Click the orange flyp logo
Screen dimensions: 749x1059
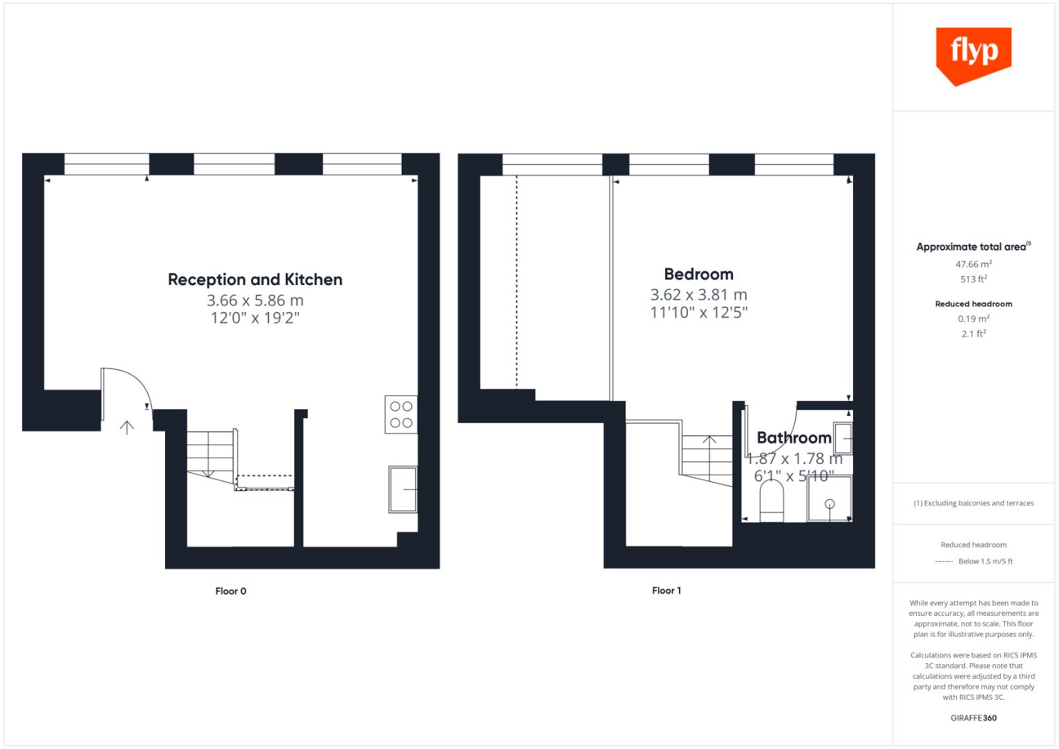973,54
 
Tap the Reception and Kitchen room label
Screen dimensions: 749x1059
255,279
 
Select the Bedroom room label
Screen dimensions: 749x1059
698,274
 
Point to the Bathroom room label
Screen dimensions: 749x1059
794,438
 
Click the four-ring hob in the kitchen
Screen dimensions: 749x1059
401,415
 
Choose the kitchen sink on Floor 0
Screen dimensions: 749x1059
403,490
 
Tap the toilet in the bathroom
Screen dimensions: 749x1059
771,501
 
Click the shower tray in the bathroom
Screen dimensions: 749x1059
829,498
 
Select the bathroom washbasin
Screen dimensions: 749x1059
843,438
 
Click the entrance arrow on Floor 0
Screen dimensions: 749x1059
127,427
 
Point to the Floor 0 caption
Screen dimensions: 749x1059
231,591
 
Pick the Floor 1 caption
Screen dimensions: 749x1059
666,590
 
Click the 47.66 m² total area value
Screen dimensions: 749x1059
973,264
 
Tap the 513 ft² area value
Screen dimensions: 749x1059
973,279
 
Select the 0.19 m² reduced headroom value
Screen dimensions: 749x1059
973,319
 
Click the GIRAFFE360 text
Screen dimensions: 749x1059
973,718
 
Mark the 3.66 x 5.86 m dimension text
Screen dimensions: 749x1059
255,300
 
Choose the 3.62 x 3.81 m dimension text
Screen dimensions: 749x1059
698,295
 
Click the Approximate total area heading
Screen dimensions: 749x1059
972,247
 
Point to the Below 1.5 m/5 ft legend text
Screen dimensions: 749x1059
985,561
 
